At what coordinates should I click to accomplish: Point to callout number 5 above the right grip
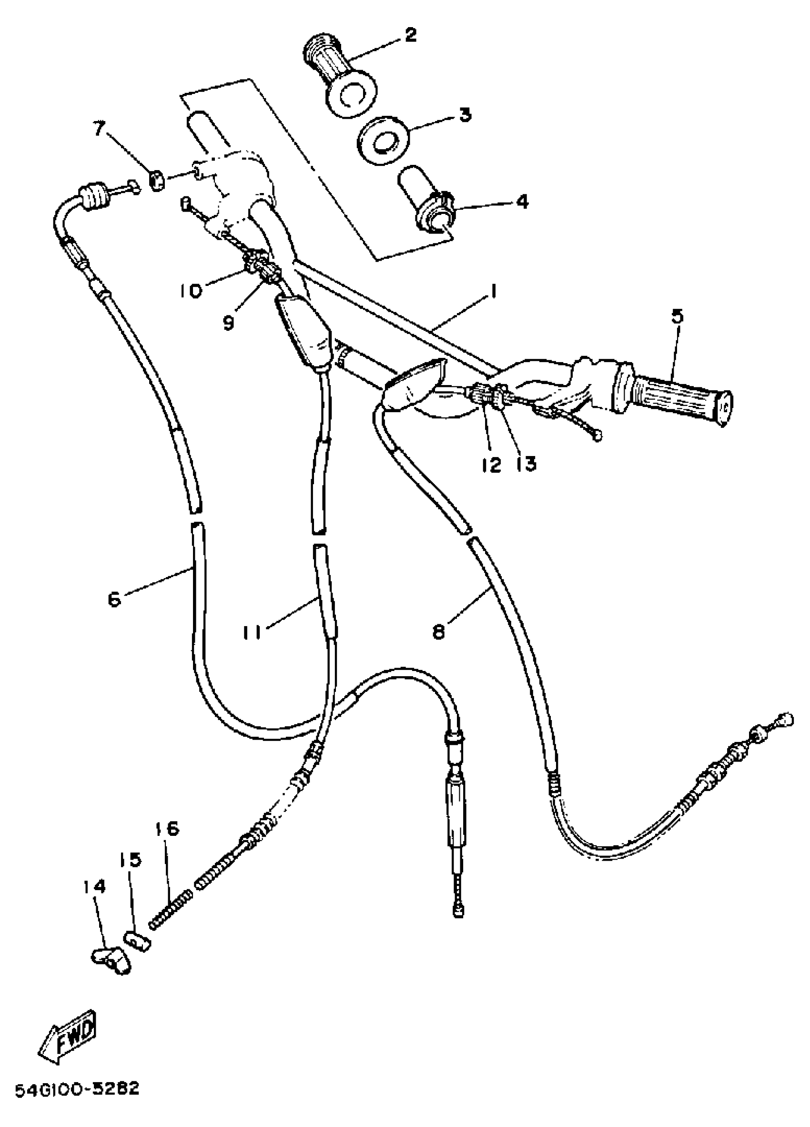point(678,316)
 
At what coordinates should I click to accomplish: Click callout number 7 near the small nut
point(100,130)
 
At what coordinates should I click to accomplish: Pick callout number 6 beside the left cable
point(114,600)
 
